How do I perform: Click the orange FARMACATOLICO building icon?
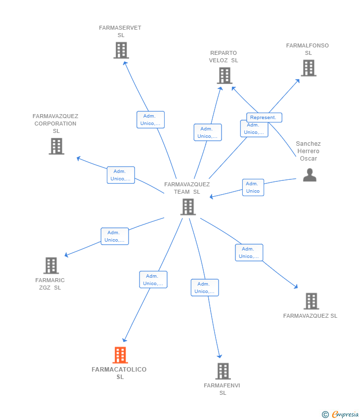(120, 355)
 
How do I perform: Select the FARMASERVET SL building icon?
(121, 50)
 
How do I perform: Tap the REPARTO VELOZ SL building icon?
(224, 76)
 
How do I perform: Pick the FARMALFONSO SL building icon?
(309, 68)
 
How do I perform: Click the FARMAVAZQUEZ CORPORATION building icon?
(56, 146)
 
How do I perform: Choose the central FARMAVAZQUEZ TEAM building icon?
(188, 207)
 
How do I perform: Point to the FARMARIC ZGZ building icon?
(51, 265)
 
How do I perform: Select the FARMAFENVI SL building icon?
(223, 371)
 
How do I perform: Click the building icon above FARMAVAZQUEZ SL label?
(311, 301)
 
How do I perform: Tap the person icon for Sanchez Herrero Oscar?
(310, 175)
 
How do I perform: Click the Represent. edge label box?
(264, 118)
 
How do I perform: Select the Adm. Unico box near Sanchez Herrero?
(253, 187)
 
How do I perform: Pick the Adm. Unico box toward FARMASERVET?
(150, 120)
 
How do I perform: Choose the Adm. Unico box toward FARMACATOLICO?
(153, 280)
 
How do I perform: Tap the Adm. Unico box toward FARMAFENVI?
(205, 288)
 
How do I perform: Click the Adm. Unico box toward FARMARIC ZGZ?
(114, 236)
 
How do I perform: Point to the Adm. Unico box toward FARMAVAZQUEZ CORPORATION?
(121, 175)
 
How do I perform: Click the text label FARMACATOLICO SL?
(119, 373)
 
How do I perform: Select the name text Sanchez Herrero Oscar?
(308, 151)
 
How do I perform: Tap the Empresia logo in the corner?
(341, 415)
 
